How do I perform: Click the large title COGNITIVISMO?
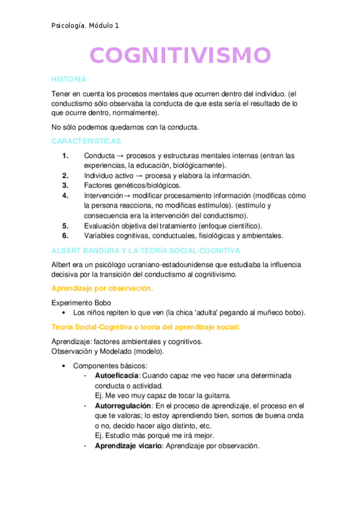click(180, 55)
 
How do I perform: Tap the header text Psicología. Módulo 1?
click(85, 25)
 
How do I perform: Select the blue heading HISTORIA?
click(69, 79)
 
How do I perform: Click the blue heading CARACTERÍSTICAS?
click(86, 141)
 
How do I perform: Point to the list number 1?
click(66, 155)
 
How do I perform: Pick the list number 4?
click(66, 195)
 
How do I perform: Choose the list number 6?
click(66, 235)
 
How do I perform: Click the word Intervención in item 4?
click(103, 195)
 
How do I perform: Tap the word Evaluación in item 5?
click(102, 226)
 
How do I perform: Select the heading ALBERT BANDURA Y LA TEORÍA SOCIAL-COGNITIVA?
click(146, 250)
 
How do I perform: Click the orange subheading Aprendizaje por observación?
click(102, 289)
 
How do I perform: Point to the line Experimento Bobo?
click(81, 303)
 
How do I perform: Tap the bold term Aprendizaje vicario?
click(128, 446)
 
